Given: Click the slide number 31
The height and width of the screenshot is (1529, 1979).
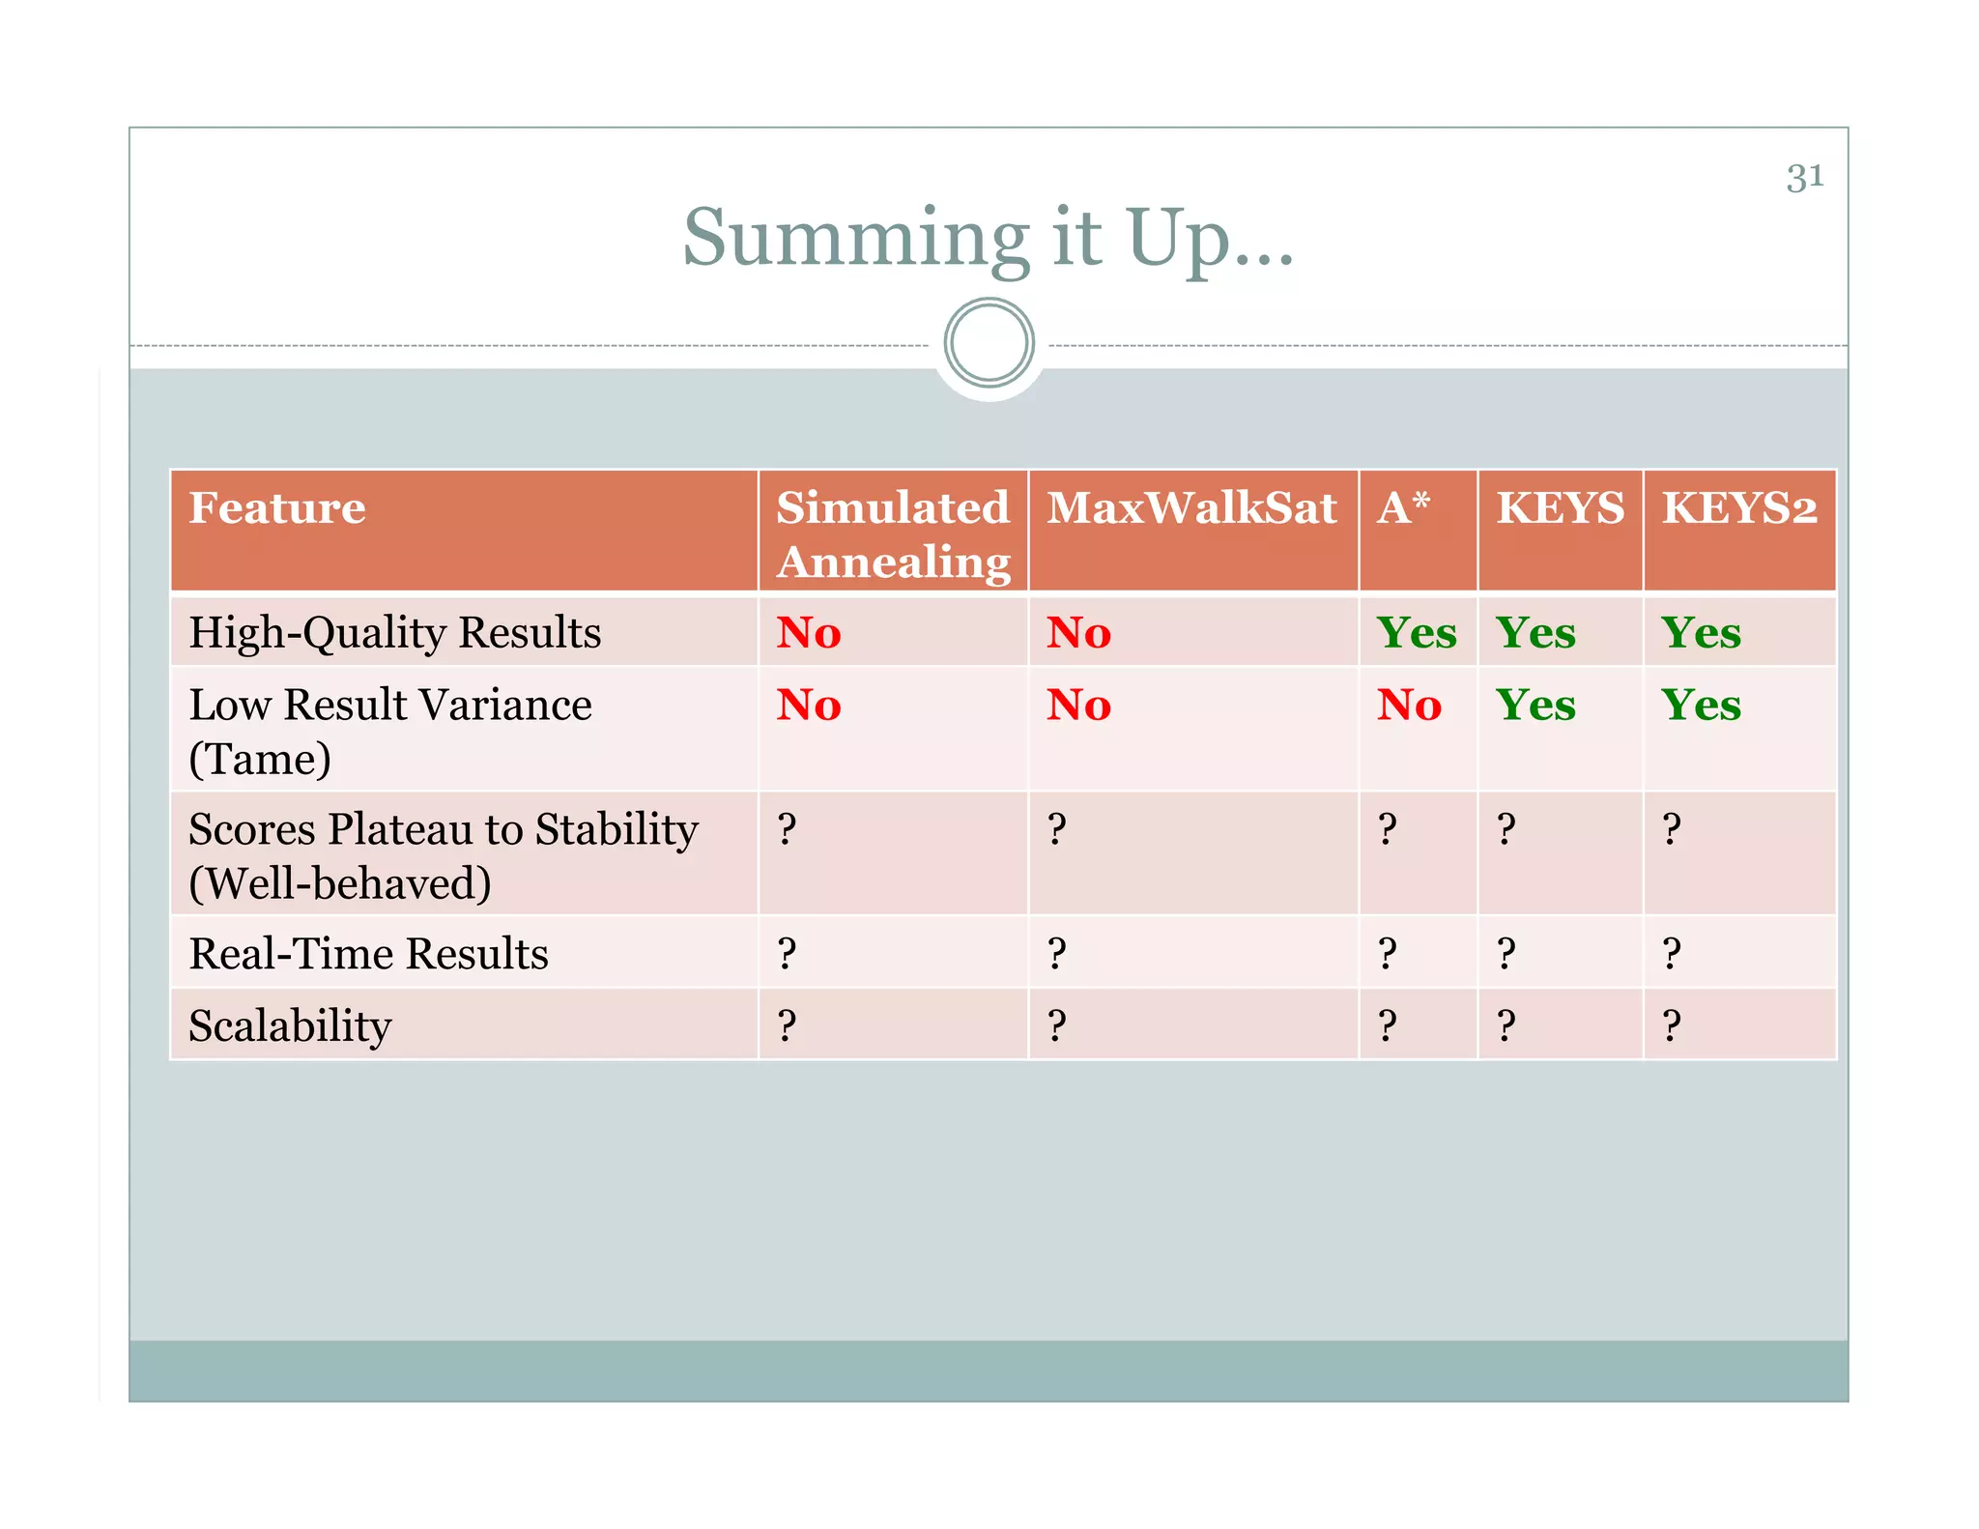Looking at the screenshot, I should pos(1804,178).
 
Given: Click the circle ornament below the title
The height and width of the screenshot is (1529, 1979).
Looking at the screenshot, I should pos(989,343).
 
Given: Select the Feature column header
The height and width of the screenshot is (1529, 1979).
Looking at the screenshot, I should pos(277,508).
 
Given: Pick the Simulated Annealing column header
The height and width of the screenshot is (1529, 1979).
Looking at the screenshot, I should pos(893,534).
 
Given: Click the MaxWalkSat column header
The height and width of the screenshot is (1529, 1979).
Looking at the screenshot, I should pos(1191,508).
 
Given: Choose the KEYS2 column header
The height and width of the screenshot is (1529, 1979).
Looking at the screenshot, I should pos(1739,508).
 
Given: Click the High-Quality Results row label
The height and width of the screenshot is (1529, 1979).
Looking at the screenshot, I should pos(394,633).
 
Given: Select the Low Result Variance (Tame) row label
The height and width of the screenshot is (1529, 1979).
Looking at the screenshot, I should pos(389,731).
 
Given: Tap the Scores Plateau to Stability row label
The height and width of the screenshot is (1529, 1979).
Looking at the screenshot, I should pos(443,855).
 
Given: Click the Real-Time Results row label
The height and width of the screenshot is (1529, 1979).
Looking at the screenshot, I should pos(368,954).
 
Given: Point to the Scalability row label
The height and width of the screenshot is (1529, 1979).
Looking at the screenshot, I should pos(290,1025).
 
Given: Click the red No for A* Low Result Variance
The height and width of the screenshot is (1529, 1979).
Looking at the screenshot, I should pos(1409,706).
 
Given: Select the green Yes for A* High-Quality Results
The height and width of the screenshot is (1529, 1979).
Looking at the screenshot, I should pos(1417,633).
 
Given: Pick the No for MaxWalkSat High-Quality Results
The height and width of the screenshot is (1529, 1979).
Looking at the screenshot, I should pos(1078,633).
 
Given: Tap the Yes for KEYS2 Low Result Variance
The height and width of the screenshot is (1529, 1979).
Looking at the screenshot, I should pos(1701,706).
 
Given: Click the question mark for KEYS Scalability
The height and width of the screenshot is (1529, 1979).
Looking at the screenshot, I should pos(1506,1025).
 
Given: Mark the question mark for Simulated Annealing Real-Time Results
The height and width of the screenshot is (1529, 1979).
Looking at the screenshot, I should pos(787,954).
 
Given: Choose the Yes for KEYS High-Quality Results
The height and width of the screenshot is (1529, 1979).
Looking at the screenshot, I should pos(1535,633).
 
